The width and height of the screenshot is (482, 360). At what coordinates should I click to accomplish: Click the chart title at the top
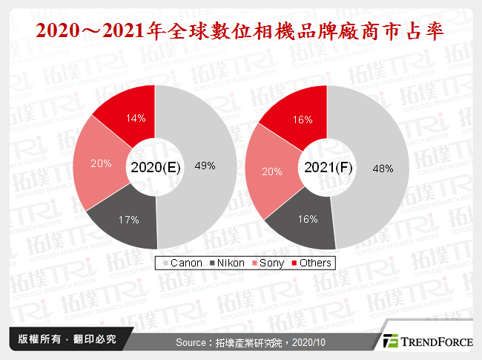click(241, 31)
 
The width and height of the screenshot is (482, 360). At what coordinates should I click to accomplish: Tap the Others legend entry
click(314, 263)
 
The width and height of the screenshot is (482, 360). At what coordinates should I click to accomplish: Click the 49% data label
click(205, 166)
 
